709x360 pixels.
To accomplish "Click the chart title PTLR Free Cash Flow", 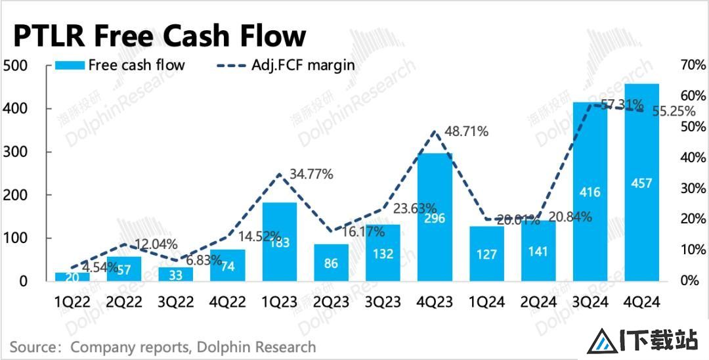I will pos(160,36).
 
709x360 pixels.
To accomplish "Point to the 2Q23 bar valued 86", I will pos(332,262).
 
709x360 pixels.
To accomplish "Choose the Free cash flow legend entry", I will pos(120,65).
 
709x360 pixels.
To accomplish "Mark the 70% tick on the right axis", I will pos(689,65).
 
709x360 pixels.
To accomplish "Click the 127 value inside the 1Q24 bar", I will pos(486,254).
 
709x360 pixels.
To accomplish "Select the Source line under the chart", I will pos(163,346).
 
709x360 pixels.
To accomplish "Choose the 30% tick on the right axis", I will pos(689,189).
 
